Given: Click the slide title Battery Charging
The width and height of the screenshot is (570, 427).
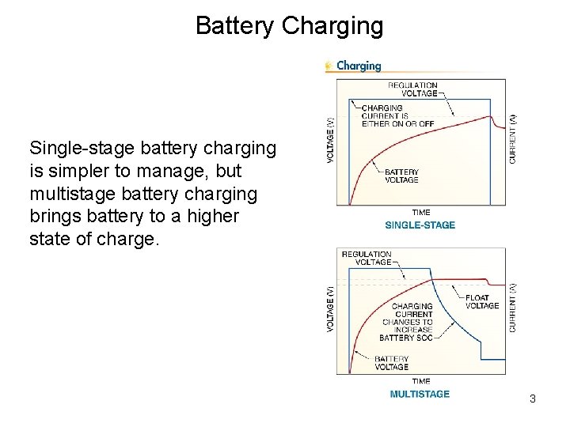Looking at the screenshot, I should pyautogui.click(x=289, y=26).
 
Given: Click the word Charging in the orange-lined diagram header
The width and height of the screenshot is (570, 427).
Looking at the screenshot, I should pyautogui.click(x=359, y=66).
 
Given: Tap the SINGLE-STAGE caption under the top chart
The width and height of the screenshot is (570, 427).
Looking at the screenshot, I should pyautogui.click(x=420, y=225).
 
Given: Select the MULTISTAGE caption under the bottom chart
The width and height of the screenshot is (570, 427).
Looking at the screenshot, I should pyautogui.click(x=420, y=394).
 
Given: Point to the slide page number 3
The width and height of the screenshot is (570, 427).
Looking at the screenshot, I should pyautogui.click(x=533, y=399).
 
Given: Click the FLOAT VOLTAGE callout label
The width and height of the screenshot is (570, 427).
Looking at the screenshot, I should pyautogui.click(x=482, y=301).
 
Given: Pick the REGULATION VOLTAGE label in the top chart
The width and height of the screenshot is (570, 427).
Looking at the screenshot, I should pyautogui.click(x=412, y=89).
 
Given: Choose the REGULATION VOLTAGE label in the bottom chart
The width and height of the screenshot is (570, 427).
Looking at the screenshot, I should pyautogui.click(x=367, y=258).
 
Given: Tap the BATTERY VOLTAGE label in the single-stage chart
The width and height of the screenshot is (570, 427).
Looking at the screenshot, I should pyautogui.click(x=401, y=176).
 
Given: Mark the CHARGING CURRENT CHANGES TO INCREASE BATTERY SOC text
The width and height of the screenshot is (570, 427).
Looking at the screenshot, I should pyautogui.click(x=407, y=321).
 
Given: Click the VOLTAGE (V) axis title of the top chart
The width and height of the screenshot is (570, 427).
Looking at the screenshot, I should pyautogui.click(x=331, y=141).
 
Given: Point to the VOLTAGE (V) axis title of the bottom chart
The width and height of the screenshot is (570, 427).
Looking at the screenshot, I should pyautogui.click(x=331, y=308).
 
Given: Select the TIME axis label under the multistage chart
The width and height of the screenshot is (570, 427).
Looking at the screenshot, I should pyautogui.click(x=421, y=381).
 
